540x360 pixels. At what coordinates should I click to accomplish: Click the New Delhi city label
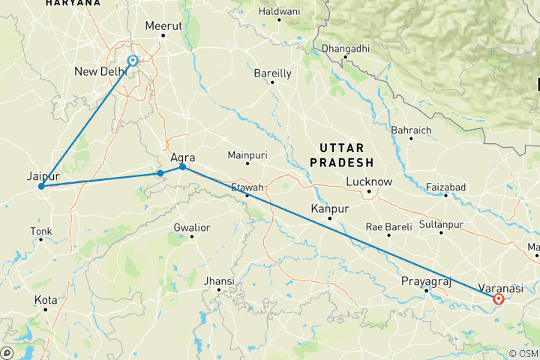pyautogui.click(x=100, y=72)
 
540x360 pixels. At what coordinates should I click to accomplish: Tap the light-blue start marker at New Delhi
pyautogui.click(x=133, y=61)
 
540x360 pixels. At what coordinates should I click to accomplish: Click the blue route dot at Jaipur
pyautogui.click(x=41, y=186)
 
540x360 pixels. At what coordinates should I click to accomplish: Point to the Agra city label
pyautogui.click(x=183, y=157)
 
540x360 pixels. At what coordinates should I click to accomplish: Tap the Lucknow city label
pyautogui.click(x=369, y=181)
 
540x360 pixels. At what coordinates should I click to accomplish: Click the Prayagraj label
pyautogui.click(x=425, y=280)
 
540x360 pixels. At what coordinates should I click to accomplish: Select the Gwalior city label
pyautogui.click(x=191, y=227)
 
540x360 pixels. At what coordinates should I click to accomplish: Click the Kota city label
pyautogui.click(x=45, y=300)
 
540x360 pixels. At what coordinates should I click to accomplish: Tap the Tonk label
pyautogui.click(x=41, y=230)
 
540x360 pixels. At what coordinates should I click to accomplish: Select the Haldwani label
pyautogui.click(x=278, y=11)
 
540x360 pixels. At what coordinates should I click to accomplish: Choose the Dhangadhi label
pyautogui.click(x=344, y=49)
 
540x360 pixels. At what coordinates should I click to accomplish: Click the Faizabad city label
pyautogui.click(x=445, y=186)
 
